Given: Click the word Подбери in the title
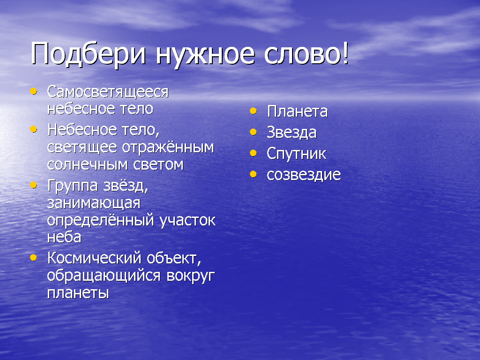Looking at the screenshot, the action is (88, 54).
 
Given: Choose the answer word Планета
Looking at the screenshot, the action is (297, 111).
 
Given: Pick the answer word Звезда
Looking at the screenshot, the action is (292, 132).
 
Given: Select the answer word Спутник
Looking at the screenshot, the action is (296, 153).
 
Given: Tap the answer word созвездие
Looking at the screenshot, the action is (304, 175).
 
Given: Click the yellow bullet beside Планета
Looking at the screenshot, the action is (253, 111).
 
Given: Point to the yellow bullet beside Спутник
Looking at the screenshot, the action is (253, 153).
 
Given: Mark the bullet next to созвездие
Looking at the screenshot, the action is (253, 174).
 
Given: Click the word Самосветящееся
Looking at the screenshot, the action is (108, 92).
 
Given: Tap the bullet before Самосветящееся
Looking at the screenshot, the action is (33, 91).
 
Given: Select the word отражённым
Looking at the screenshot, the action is (168, 148).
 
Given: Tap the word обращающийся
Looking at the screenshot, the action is (104, 277).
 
